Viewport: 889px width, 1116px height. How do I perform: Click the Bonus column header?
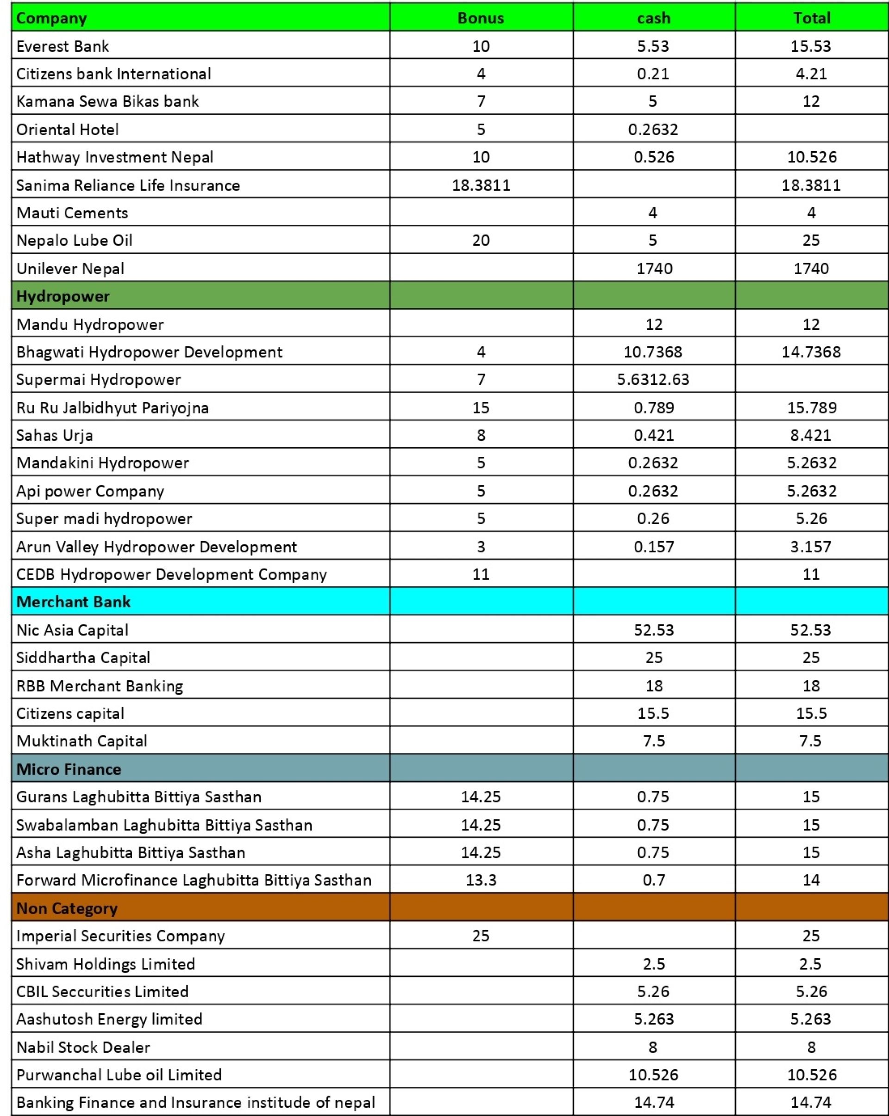tap(480, 18)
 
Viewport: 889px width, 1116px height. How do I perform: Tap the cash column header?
tap(653, 18)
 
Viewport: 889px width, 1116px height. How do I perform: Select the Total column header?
tap(811, 18)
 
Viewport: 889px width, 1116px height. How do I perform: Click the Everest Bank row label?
tap(63, 46)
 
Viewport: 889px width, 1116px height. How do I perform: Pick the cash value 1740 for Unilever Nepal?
tap(654, 268)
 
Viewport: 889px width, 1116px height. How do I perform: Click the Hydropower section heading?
tap(63, 296)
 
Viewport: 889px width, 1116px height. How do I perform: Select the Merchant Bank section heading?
tap(74, 602)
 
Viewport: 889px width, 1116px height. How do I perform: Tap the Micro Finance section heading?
tap(69, 769)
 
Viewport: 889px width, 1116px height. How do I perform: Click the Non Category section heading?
tap(67, 908)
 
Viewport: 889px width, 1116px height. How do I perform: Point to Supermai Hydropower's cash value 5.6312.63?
tap(653, 379)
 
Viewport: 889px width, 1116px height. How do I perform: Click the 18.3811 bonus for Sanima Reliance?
tap(481, 185)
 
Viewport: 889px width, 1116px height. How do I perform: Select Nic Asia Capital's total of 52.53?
tap(811, 629)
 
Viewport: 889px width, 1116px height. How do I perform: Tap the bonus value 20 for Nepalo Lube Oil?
tap(480, 240)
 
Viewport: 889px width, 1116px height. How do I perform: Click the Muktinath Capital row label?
tap(82, 741)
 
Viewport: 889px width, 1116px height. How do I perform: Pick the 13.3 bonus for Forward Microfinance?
tap(481, 880)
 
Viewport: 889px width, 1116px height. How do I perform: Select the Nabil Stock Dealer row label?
tap(83, 1047)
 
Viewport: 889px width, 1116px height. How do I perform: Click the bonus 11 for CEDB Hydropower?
tap(480, 574)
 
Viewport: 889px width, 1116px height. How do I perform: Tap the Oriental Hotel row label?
tap(67, 129)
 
